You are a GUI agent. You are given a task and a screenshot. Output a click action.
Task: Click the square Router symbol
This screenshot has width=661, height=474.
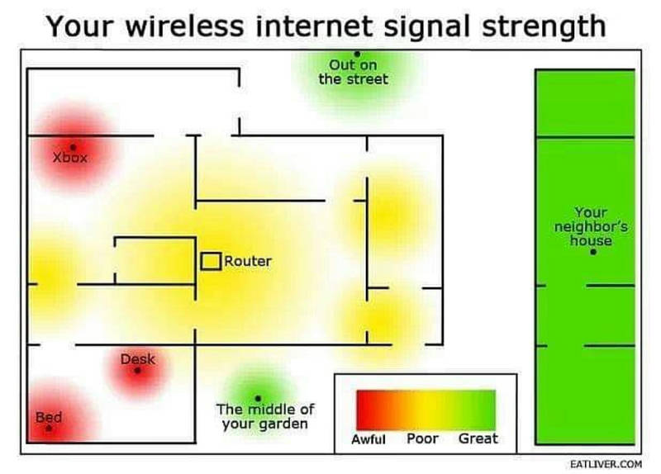(x=211, y=261)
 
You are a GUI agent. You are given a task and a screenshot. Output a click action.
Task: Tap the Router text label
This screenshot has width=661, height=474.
(x=248, y=261)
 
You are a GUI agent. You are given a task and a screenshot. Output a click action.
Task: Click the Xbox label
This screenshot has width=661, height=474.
(x=70, y=158)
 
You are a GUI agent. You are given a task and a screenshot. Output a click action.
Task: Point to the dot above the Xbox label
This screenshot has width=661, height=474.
(x=73, y=147)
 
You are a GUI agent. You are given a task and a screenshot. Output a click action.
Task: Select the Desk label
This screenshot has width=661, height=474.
(x=137, y=359)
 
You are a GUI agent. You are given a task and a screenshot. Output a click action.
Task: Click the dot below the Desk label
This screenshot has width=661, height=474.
(x=137, y=370)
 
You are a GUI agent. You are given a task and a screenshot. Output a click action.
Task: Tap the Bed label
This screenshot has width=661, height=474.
(x=49, y=417)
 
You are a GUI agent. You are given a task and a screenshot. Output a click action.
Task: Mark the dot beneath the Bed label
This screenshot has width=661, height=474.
(x=49, y=428)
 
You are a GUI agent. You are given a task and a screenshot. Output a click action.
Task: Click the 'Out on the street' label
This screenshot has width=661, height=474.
(x=354, y=72)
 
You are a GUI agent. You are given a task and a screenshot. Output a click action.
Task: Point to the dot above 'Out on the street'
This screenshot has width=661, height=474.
(x=357, y=54)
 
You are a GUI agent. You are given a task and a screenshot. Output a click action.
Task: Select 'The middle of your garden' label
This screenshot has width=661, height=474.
(x=265, y=416)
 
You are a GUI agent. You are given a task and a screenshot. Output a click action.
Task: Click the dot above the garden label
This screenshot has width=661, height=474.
(x=258, y=398)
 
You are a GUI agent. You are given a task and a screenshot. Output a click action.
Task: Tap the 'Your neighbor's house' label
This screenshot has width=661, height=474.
(x=591, y=226)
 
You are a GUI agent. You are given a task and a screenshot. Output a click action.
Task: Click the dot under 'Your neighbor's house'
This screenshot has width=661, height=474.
(x=593, y=252)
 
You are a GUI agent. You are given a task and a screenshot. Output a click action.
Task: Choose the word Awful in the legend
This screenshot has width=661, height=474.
(x=369, y=439)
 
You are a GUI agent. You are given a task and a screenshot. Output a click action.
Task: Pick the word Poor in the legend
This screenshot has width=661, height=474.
(x=422, y=438)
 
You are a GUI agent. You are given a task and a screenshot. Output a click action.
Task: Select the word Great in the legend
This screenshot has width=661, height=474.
(x=478, y=438)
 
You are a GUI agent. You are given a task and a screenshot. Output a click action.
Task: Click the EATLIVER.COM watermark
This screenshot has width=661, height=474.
(x=606, y=464)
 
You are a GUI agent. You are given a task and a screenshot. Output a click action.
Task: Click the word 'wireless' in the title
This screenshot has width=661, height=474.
(x=184, y=26)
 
